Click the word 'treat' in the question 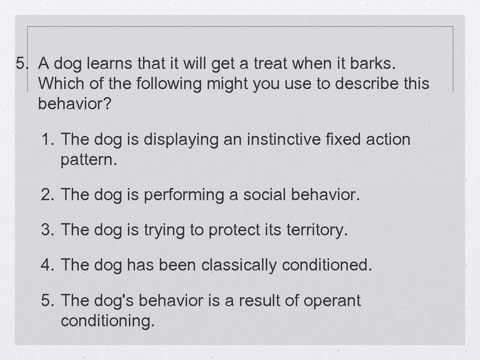point(270,63)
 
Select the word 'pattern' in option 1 point(87,161)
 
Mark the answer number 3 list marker point(47,230)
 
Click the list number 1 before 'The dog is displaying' point(47,139)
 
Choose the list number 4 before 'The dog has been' point(47,265)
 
